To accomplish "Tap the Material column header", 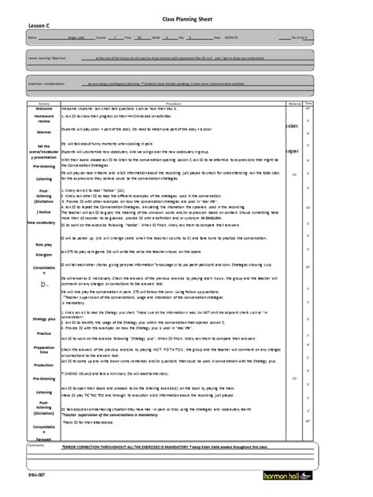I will tap(336, 102).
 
